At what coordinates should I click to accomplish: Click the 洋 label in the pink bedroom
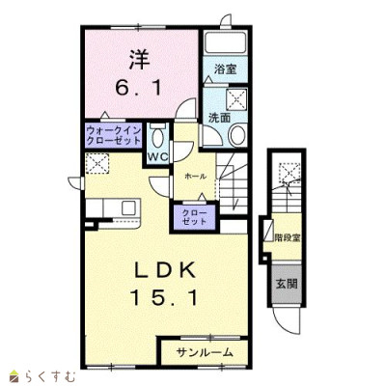[140, 60]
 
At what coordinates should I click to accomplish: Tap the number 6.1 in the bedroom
[138, 88]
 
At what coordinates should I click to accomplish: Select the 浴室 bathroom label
[226, 69]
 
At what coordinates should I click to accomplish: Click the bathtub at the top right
[225, 42]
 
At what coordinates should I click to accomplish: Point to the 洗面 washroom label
[219, 118]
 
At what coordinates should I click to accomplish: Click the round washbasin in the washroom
[237, 135]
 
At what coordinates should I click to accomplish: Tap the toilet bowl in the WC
[157, 138]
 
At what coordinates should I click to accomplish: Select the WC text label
[158, 156]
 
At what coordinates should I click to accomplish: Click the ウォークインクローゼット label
[114, 136]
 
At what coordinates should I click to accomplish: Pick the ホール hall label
[195, 176]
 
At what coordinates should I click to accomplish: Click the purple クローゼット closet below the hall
[194, 217]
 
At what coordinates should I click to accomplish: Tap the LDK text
[165, 271]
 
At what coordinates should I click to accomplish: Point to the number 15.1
[163, 297]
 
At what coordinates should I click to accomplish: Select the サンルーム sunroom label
[205, 353]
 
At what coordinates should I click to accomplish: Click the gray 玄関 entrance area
[287, 284]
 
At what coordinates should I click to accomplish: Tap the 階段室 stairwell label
[288, 238]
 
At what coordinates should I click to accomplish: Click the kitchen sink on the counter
[129, 208]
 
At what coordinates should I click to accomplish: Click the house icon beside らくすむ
[14, 376]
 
